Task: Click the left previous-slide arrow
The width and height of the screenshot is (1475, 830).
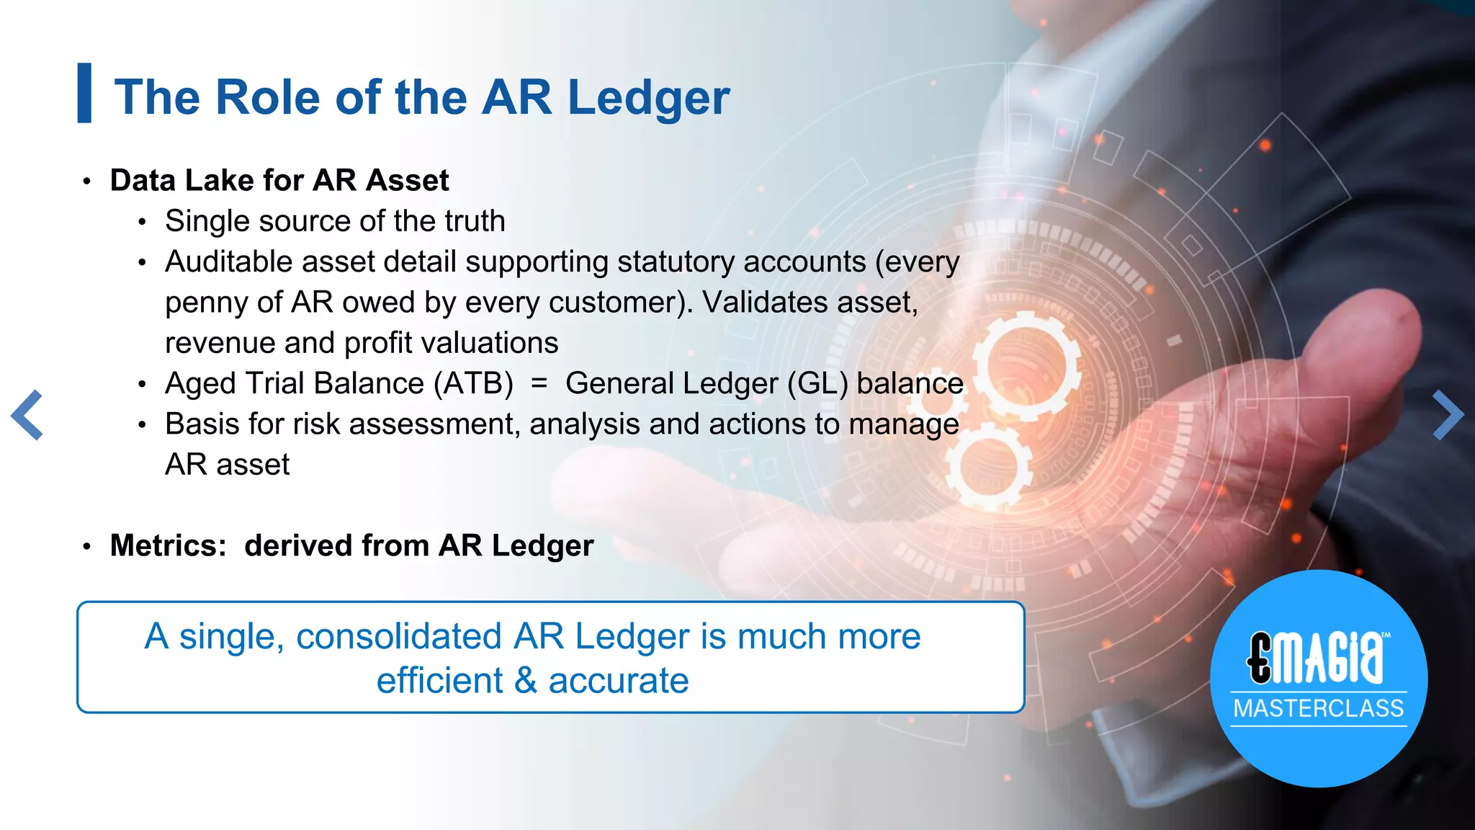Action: pyautogui.click(x=27, y=415)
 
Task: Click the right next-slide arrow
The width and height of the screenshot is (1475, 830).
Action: pyautogui.click(x=1448, y=415)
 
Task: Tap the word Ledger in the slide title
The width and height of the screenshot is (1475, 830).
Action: pyautogui.click(x=648, y=98)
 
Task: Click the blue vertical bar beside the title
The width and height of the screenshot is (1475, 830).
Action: pyautogui.click(x=84, y=93)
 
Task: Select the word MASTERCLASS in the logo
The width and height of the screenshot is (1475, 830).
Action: pyautogui.click(x=1318, y=708)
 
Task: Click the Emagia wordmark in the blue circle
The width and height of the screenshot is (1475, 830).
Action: pyautogui.click(x=1317, y=657)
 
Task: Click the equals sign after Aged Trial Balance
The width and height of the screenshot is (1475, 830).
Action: pyautogui.click(x=539, y=383)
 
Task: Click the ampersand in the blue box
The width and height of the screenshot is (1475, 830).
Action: pyautogui.click(x=526, y=681)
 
